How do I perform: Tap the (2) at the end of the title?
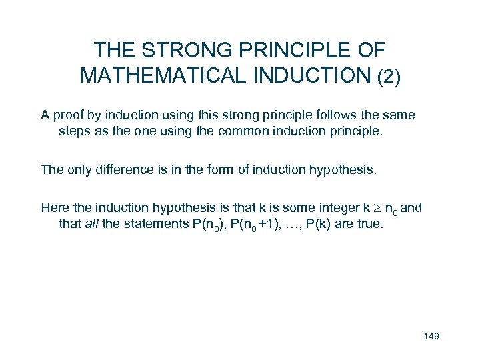388,77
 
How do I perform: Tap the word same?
399,115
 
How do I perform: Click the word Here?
54,207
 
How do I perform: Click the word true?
371,223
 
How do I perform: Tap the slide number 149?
431,335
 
